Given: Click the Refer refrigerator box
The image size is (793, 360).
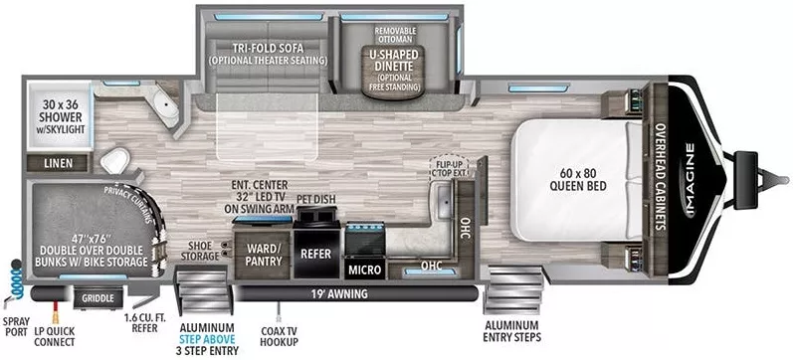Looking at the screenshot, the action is click(315, 253).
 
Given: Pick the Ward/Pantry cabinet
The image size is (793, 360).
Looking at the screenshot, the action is click(264, 253).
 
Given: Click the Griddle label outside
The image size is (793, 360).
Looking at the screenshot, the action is click(98, 297).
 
